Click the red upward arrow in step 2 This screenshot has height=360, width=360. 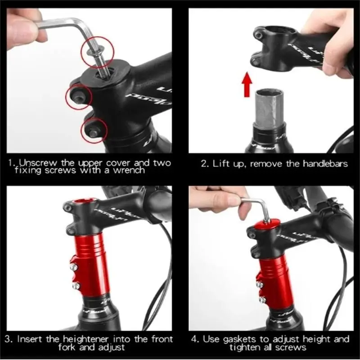(247, 84)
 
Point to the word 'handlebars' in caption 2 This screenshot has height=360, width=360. (325, 164)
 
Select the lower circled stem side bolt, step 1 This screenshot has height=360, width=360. (93, 131)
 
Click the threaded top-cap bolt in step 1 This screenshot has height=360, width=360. (102, 60)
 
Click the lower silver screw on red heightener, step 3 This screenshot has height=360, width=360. (76, 286)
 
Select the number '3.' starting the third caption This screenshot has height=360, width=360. (9, 339)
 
